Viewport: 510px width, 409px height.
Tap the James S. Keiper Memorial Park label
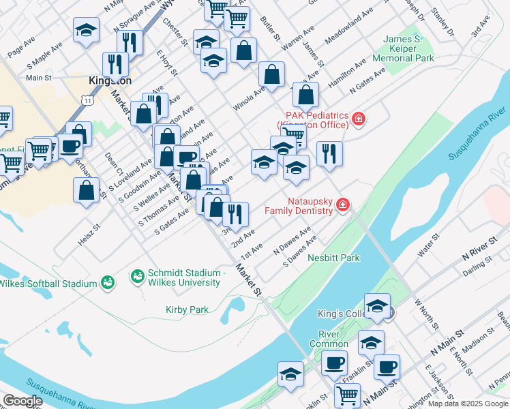(408, 49)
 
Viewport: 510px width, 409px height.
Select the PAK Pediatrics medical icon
(358, 120)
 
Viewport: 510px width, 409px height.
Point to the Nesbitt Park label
(333, 258)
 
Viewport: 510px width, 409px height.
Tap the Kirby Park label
(187, 309)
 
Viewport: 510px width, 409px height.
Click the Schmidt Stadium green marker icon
(136, 277)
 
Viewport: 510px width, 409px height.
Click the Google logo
(22, 401)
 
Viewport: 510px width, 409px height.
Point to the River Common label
(333, 339)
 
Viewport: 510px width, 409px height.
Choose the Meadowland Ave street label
(349, 27)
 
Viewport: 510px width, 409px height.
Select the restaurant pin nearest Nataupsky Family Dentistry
(329, 153)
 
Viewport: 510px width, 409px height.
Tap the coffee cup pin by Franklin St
(334, 362)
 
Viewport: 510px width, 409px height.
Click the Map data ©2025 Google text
(467, 403)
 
